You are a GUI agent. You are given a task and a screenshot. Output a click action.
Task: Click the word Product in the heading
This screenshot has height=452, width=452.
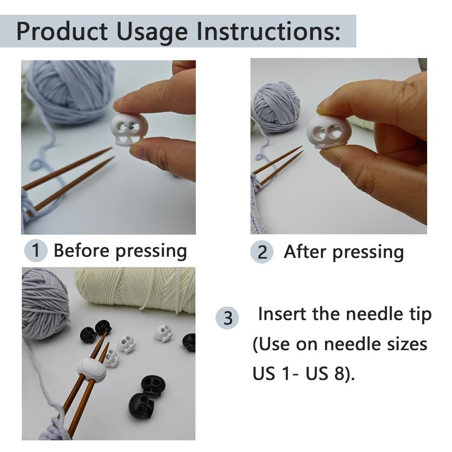[x=62, y=31]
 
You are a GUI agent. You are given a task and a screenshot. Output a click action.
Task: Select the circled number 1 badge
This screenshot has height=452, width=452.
[x=36, y=250]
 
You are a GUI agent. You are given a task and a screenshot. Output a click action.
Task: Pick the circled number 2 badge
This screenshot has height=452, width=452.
[x=262, y=252]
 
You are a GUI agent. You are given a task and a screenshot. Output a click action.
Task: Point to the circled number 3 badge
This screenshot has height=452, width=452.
[x=228, y=318]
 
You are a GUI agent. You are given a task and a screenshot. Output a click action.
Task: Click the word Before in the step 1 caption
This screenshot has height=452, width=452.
[x=81, y=250]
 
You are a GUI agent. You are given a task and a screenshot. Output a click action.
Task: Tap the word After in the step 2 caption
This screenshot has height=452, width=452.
[x=306, y=251]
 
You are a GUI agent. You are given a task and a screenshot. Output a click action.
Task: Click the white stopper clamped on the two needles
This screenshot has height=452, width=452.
[x=92, y=370]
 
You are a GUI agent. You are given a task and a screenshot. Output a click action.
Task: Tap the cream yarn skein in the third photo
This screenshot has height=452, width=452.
[x=135, y=290]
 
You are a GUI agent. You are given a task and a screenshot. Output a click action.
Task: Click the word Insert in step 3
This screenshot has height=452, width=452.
[x=282, y=314]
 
